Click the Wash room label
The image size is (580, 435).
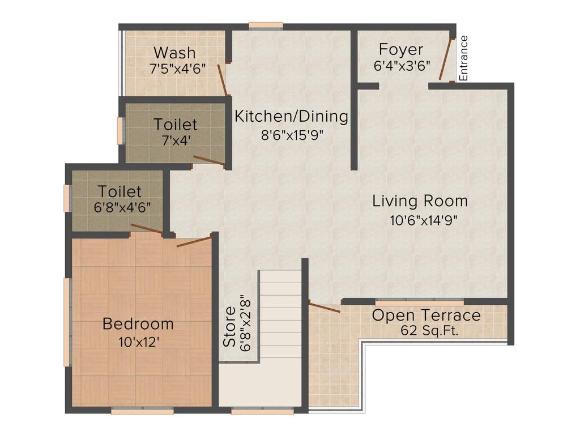[x=174, y=53]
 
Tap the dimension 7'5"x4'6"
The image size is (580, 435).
[x=177, y=69]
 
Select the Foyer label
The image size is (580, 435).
[x=401, y=49]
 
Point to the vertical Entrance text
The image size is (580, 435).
[x=464, y=58]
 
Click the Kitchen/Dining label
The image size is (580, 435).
[x=291, y=117]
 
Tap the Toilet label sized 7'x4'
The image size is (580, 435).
[x=175, y=124]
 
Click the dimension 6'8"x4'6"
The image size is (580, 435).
[x=122, y=207]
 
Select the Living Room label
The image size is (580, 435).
[x=420, y=201]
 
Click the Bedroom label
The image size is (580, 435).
[x=138, y=324]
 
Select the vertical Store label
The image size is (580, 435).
[x=229, y=327]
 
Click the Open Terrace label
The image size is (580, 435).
[x=426, y=315]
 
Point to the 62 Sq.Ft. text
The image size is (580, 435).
[x=426, y=331]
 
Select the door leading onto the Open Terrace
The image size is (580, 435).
[x=325, y=308]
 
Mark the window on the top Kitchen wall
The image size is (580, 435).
[x=266, y=25]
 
